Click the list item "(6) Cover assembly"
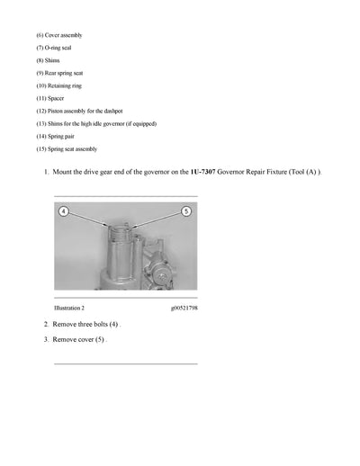tap(59, 34)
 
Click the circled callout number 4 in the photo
tap(64, 211)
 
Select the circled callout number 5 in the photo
tap(186, 211)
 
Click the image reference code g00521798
tap(183, 308)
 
